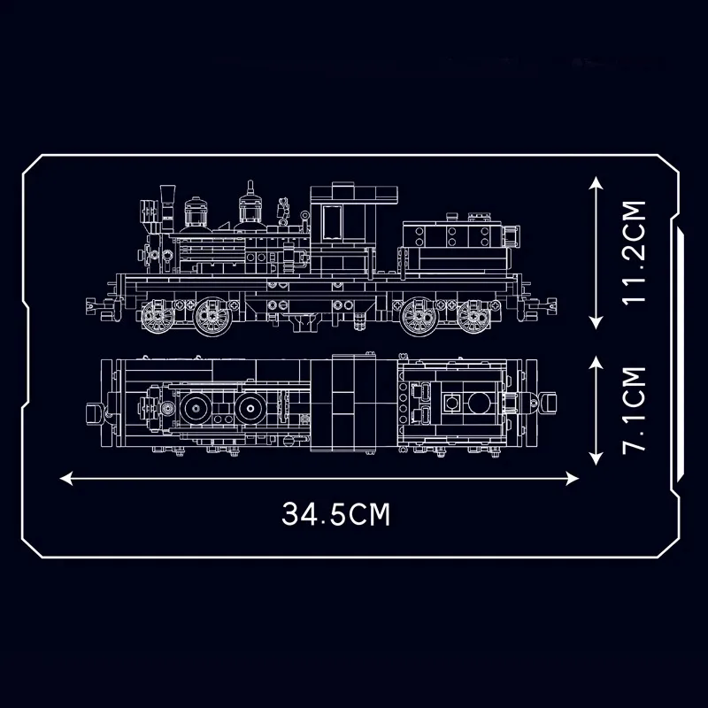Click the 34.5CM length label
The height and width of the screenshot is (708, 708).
336,514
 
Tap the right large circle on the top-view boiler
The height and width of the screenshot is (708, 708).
250,408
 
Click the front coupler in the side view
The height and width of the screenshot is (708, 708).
92,305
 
